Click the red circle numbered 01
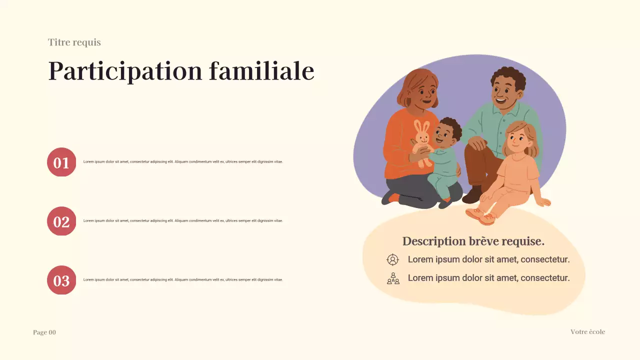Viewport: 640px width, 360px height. click(61, 162)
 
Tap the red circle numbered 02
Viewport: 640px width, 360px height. click(61, 221)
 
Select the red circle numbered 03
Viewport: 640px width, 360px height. click(61, 280)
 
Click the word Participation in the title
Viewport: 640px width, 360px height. click(125, 71)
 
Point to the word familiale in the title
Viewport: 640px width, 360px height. click(261, 71)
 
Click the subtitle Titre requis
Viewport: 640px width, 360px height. click(74, 42)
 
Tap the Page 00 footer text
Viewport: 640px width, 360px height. click(44, 332)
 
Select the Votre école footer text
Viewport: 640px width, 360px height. click(587, 332)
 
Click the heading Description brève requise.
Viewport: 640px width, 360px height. click(473, 241)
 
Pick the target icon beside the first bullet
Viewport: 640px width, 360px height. click(393, 259)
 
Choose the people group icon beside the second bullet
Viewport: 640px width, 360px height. click(393, 278)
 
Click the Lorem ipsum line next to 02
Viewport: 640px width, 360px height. click(183, 221)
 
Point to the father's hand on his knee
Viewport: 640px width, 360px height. click(477, 143)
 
